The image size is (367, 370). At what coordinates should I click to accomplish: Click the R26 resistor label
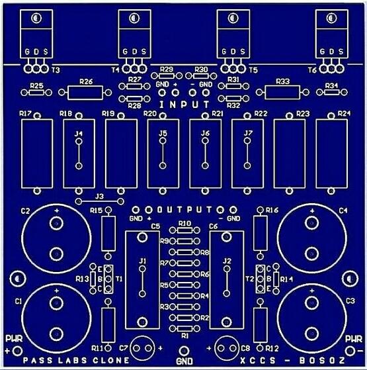click(x=86, y=81)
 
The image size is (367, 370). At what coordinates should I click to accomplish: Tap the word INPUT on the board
click(x=184, y=105)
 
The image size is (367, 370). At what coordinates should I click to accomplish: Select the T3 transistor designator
click(x=56, y=70)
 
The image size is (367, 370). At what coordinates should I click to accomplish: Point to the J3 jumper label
click(x=100, y=196)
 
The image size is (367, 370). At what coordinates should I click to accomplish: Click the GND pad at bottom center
click(x=184, y=351)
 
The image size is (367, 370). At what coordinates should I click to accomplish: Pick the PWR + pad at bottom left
click(x=17, y=351)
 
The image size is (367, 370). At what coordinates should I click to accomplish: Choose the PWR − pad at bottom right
click(x=350, y=351)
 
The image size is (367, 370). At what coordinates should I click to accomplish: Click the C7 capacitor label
click(x=124, y=348)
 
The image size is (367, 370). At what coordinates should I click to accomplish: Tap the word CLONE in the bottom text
click(x=111, y=360)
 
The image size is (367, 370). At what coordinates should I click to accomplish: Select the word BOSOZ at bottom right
click(x=322, y=361)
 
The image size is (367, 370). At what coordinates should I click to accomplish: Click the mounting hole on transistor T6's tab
click(x=331, y=18)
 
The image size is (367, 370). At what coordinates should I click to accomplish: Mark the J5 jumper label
click(x=163, y=133)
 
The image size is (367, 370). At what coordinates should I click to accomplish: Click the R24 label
click(x=344, y=114)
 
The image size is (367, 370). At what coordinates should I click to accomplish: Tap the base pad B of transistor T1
click(x=108, y=279)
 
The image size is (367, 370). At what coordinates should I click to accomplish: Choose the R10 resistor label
click(x=184, y=224)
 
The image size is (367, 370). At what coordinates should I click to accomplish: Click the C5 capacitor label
click(x=155, y=226)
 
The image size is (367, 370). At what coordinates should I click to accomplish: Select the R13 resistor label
click(x=82, y=279)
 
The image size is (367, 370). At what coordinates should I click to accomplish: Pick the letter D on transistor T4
click(x=135, y=52)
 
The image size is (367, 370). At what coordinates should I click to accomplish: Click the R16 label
click(x=272, y=210)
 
